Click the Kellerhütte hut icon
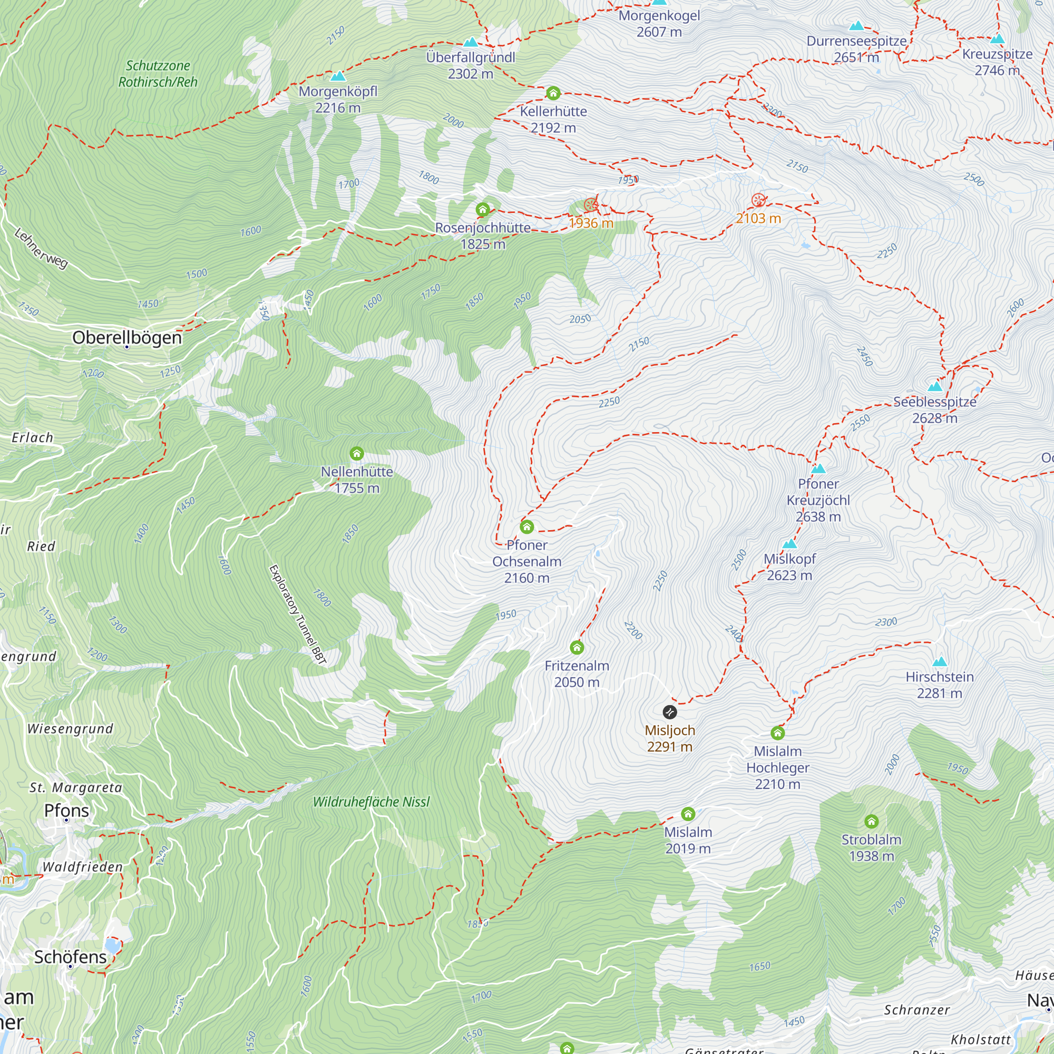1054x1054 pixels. (x=553, y=93)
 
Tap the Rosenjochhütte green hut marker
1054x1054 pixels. (x=482, y=210)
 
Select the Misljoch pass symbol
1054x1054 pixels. (x=669, y=712)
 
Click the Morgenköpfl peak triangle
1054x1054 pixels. (x=338, y=76)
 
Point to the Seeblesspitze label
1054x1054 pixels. (x=934, y=402)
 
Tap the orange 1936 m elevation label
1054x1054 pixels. (x=591, y=223)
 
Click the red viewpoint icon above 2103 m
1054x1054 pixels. (x=758, y=200)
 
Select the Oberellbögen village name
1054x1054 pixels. (x=126, y=338)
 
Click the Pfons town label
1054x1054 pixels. (x=66, y=810)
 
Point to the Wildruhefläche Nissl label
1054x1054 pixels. (x=371, y=802)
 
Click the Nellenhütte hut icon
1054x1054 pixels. (x=357, y=453)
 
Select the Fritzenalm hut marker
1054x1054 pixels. (x=577, y=648)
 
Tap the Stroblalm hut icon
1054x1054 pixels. (x=871, y=821)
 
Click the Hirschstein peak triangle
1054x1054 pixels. (x=940, y=662)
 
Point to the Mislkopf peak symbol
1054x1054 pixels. (x=789, y=544)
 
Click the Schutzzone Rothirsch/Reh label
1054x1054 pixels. (x=158, y=74)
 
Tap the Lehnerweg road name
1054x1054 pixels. (x=41, y=249)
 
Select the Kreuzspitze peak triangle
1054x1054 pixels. (x=997, y=38)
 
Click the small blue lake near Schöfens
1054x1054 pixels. (x=112, y=944)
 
